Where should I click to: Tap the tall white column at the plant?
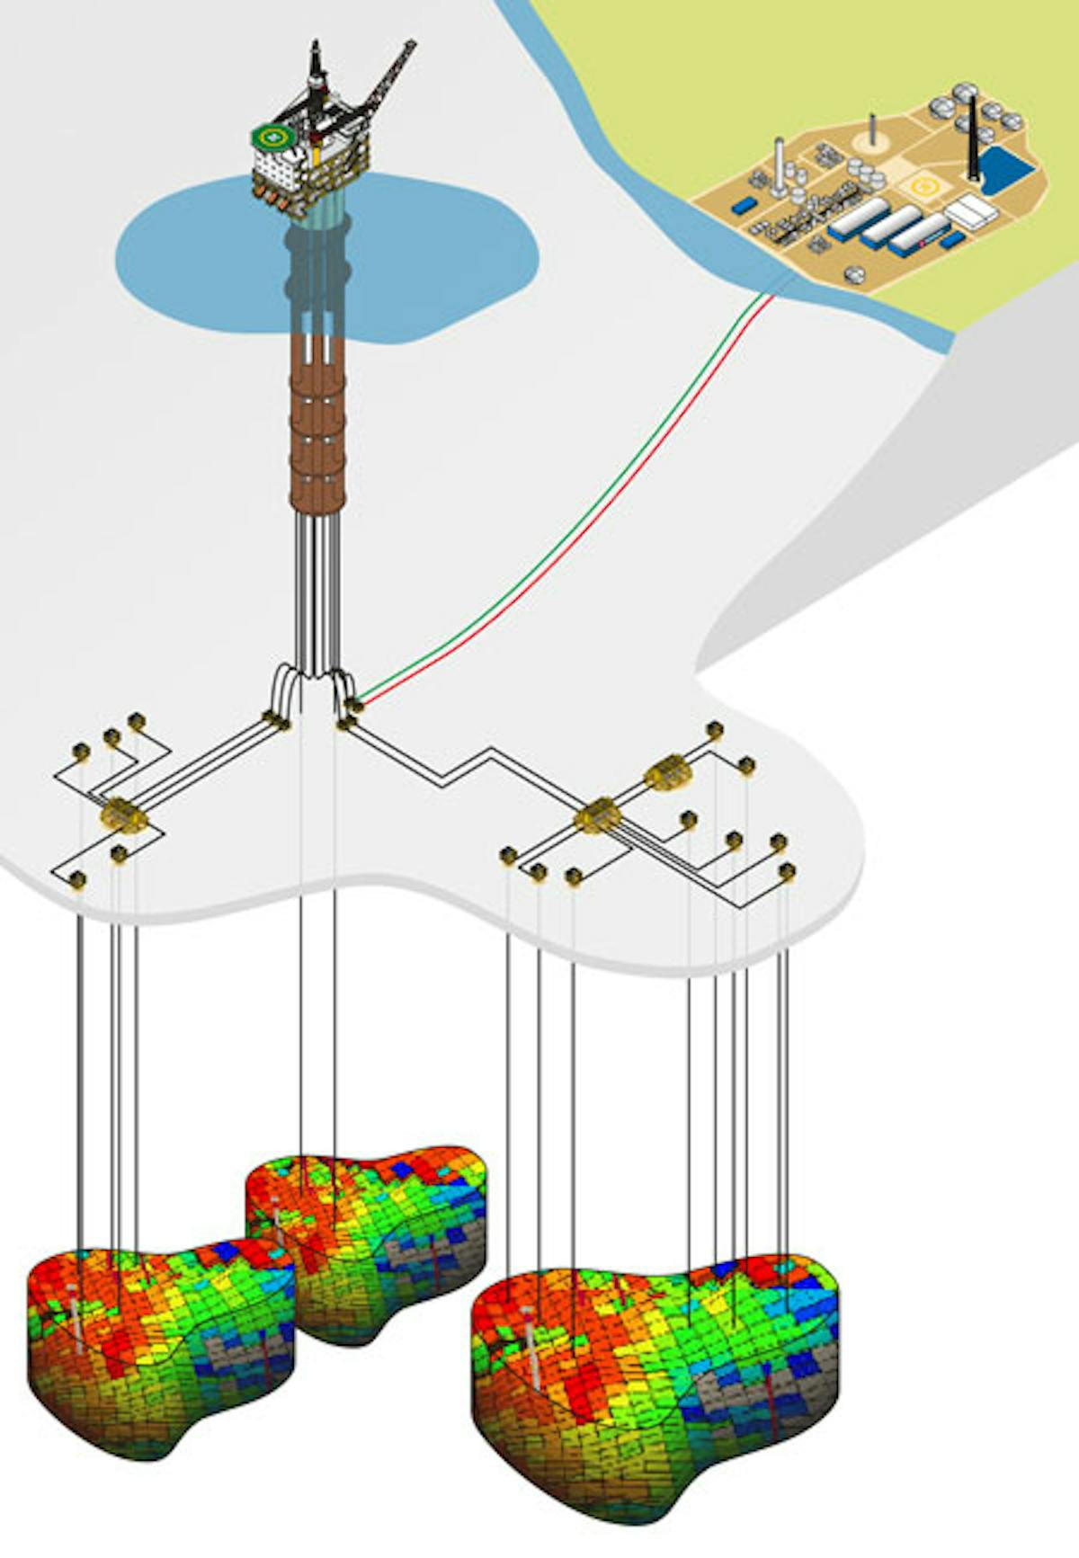[779, 165]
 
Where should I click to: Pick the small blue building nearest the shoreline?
[743, 205]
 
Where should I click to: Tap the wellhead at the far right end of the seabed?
[788, 870]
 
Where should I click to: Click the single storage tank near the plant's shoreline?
[855, 275]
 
